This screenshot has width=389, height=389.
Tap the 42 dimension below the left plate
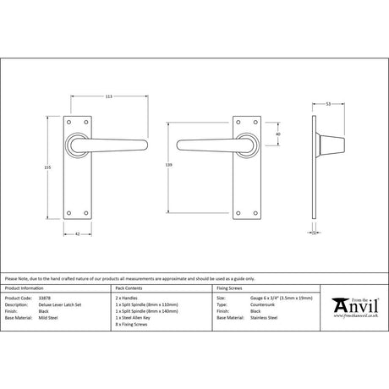click(x=79, y=233)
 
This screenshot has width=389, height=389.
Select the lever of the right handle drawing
click(x=202, y=138)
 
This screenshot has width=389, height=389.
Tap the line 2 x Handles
click(x=125, y=299)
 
